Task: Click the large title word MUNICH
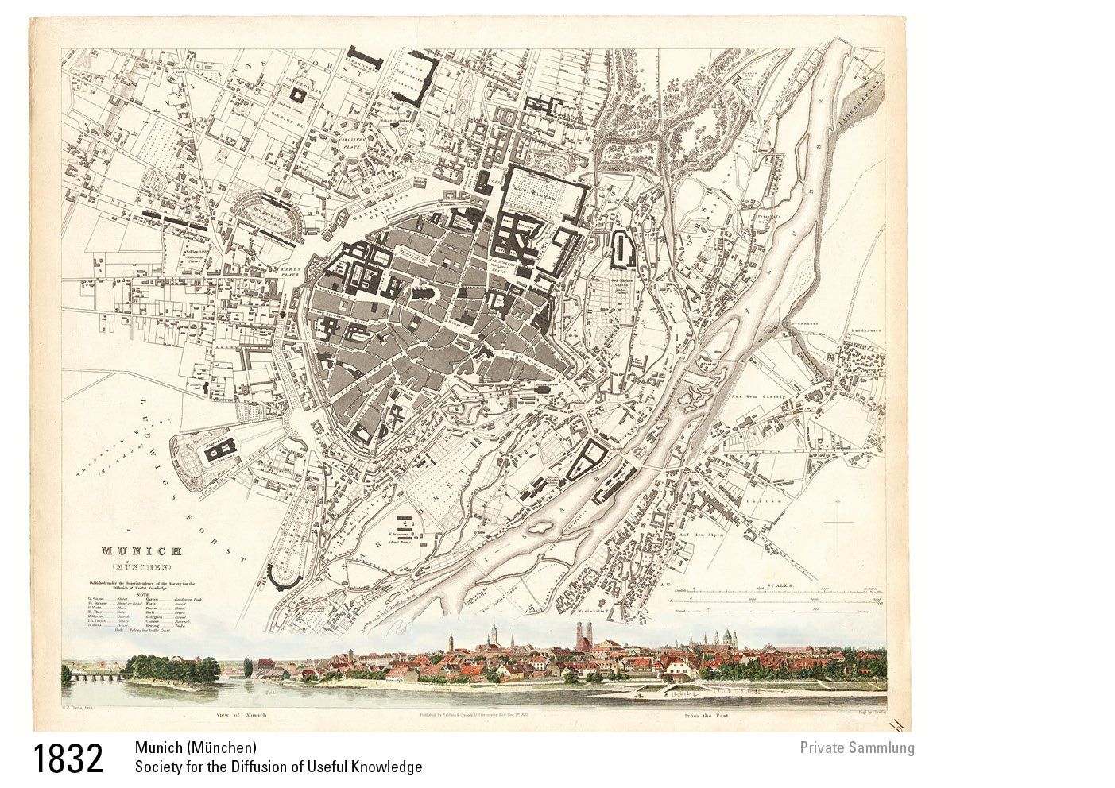[141, 550]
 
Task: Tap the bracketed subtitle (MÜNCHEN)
[141, 566]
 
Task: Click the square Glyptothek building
[299, 94]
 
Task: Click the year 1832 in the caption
[68, 758]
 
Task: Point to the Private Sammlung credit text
[857, 747]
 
